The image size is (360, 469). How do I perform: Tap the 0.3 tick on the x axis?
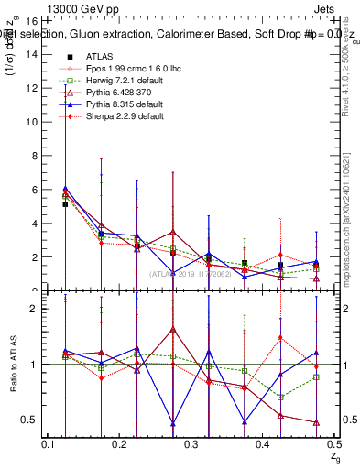point(191,444)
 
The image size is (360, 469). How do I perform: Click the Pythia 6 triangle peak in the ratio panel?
point(172,328)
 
